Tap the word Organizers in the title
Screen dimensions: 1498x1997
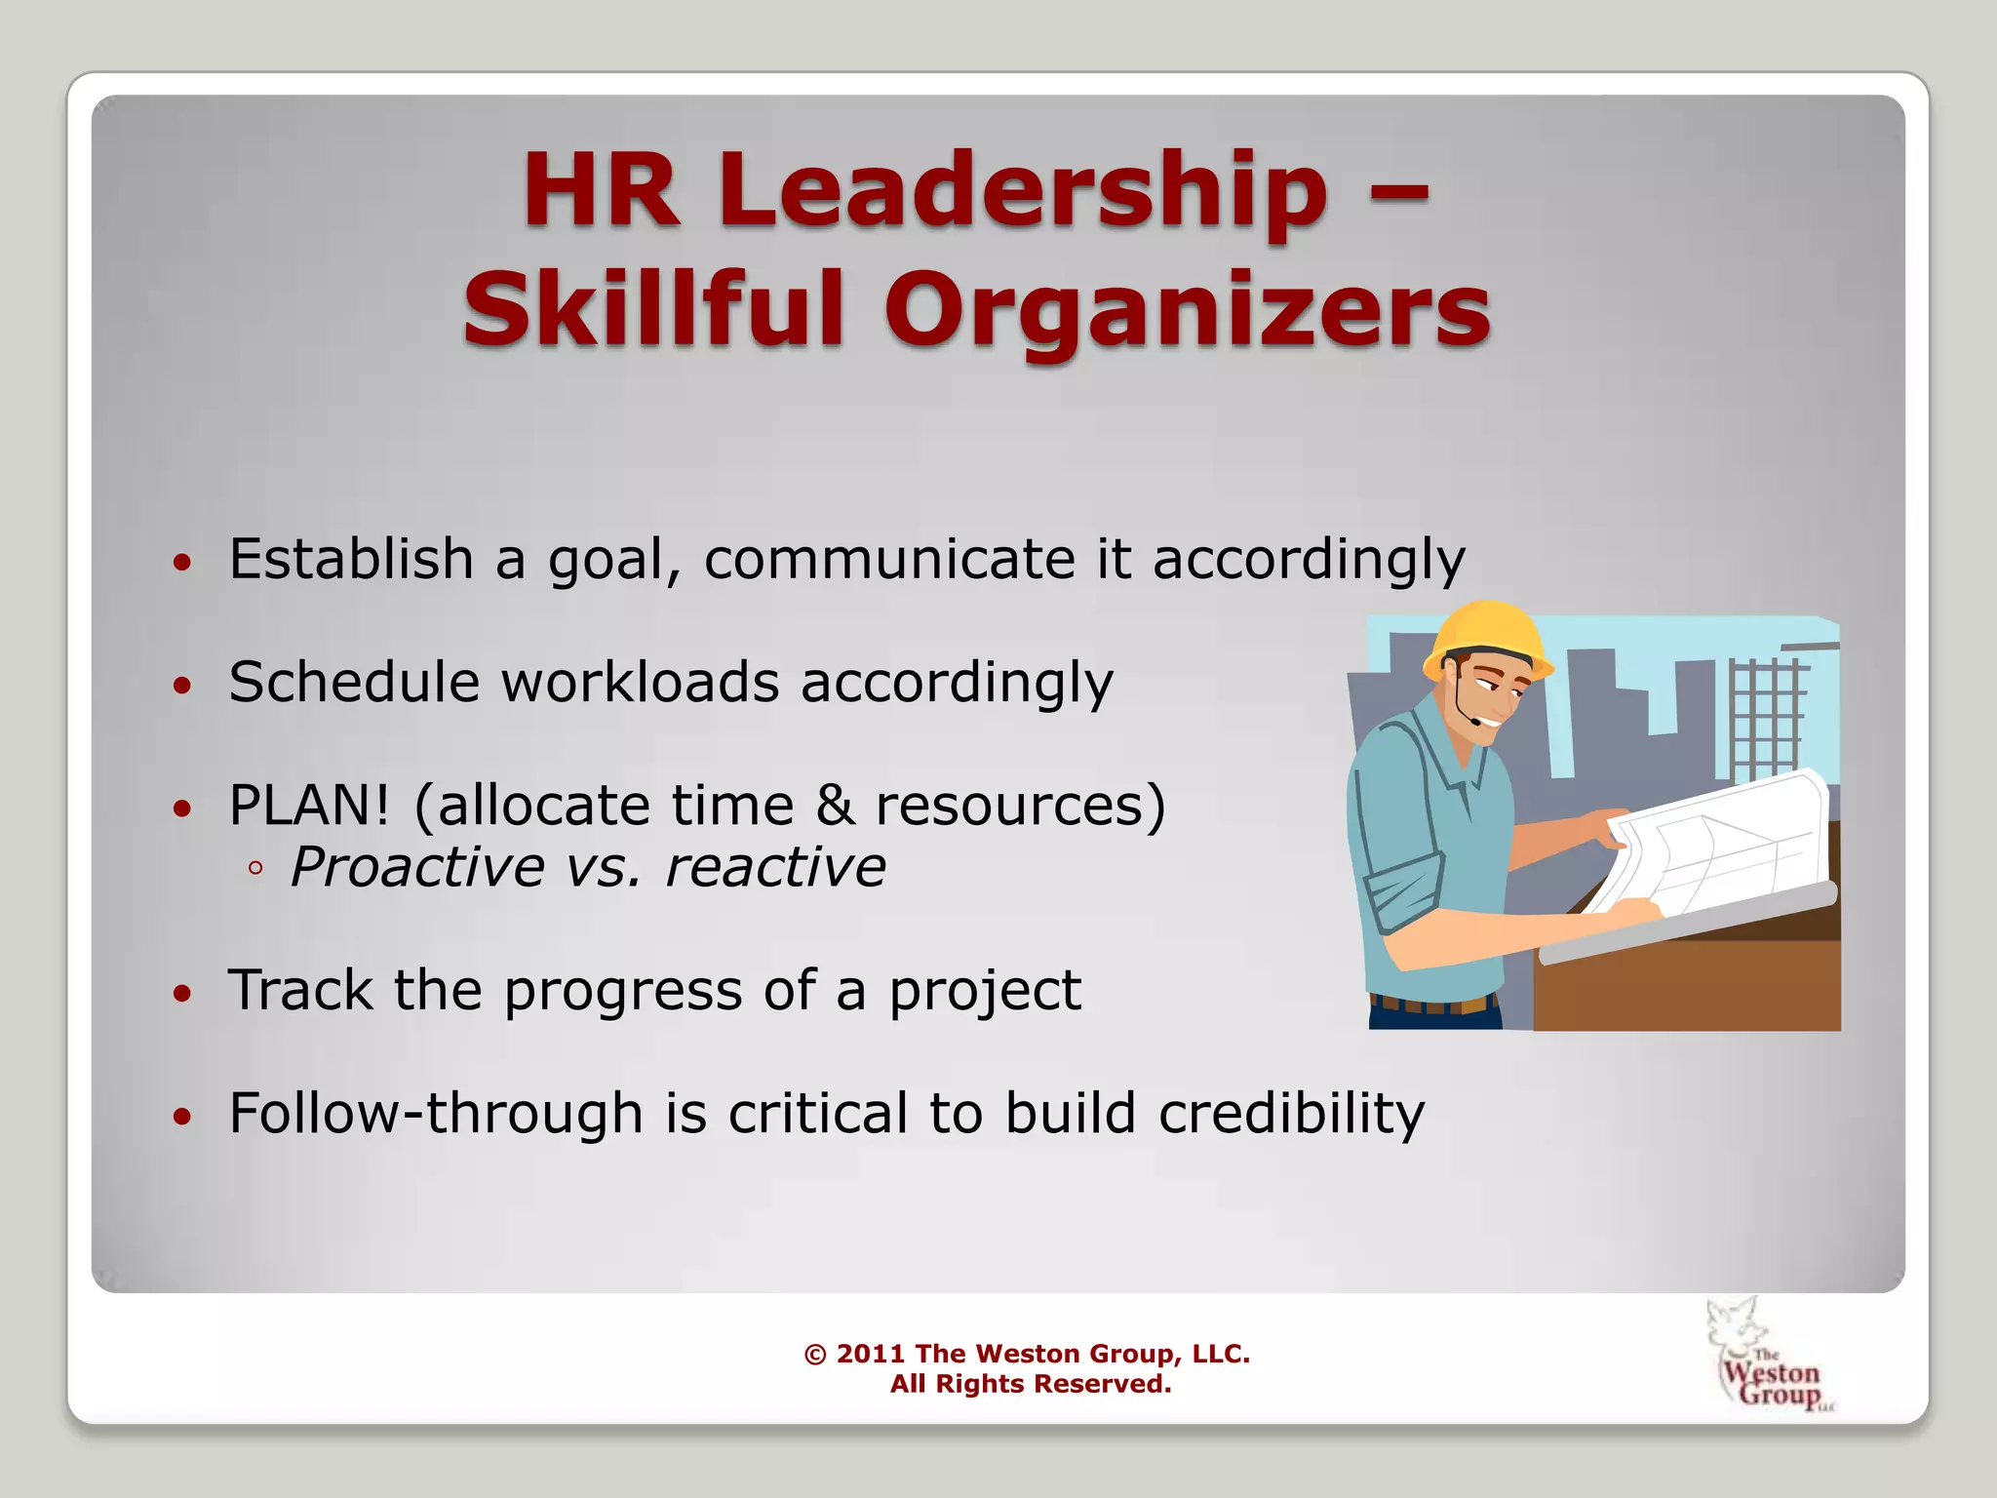pos(1188,310)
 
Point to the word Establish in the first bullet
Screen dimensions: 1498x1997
pos(351,559)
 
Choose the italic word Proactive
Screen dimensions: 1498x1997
pos(417,867)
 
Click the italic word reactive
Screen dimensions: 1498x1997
pos(775,867)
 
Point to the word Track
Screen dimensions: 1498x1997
pos(299,990)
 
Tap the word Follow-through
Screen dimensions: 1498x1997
pos(436,1113)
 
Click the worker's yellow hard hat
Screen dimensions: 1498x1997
pos(1488,639)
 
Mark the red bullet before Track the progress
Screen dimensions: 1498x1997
pos(182,994)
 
